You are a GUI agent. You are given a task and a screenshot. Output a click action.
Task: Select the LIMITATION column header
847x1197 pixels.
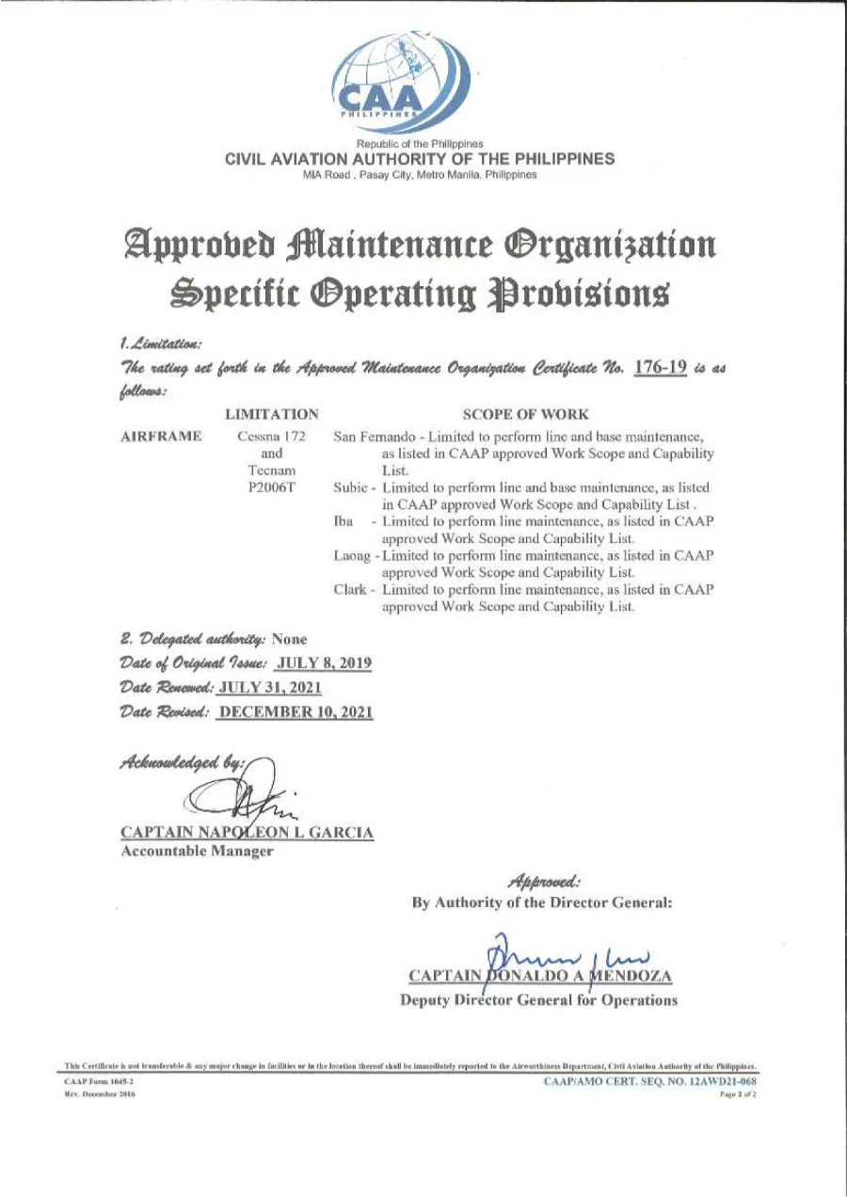[x=272, y=414]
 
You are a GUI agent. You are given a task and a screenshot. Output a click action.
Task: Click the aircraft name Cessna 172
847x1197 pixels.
[x=272, y=438]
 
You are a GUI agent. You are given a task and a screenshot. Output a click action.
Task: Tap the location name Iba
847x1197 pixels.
[x=343, y=522]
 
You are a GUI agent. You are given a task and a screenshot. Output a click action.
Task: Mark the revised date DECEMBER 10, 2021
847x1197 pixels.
[x=296, y=712]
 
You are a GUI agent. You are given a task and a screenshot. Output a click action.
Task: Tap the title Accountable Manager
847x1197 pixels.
[x=198, y=851]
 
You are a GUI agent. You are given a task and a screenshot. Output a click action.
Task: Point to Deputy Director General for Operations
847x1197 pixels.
[x=538, y=1000]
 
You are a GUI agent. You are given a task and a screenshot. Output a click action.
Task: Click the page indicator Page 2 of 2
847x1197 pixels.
[x=738, y=1095]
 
